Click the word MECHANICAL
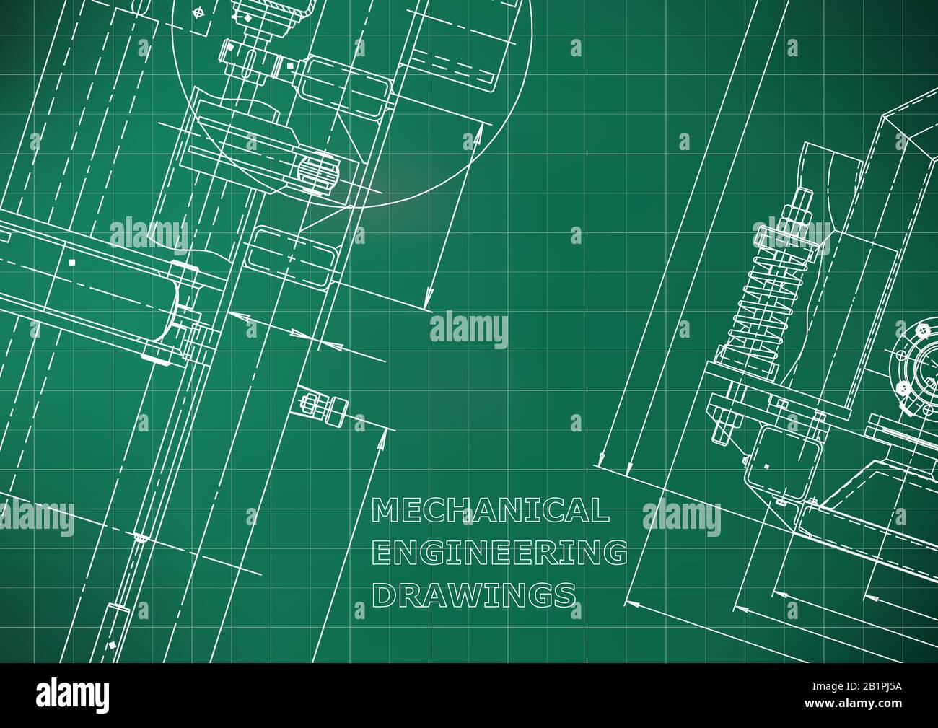(x=490, y=511)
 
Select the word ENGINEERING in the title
(x=498, y=553)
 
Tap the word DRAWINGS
(x=473, y=595)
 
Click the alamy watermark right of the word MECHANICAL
(x=680, y=517)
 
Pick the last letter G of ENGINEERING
(x=615, y=553)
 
